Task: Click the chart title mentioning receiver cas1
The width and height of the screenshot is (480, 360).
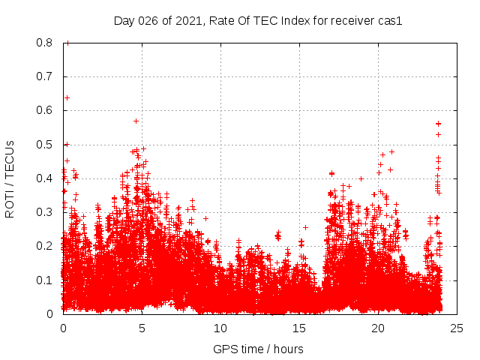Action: [258, 21]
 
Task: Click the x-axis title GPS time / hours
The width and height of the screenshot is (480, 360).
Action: [258, 349]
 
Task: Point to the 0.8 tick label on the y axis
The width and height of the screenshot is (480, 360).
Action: [46, 43]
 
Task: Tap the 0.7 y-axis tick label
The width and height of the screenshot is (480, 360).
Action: [46, 76]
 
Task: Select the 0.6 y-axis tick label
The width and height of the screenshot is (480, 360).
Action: [46, 110]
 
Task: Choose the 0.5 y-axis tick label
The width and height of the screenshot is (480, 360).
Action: [46, 144]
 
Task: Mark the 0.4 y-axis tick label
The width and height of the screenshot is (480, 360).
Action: [46, 178]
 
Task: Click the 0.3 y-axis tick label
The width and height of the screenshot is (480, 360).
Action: [46, 212]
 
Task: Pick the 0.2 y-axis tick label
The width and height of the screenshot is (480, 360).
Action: [46, 246]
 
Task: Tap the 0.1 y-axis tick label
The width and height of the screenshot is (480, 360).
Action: [46, 280]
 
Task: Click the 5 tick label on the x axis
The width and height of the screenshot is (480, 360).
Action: [142, 328]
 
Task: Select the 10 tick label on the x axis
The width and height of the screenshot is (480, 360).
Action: [220, 328]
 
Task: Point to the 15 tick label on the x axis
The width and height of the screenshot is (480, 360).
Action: [298, 328]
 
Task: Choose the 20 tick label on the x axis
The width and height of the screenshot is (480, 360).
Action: [377, 328]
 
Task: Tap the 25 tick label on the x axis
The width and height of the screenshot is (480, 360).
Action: [456, 328]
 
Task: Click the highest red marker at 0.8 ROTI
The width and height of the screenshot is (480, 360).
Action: [67, 43]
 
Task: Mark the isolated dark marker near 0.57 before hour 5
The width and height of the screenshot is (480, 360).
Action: [136, 121]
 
